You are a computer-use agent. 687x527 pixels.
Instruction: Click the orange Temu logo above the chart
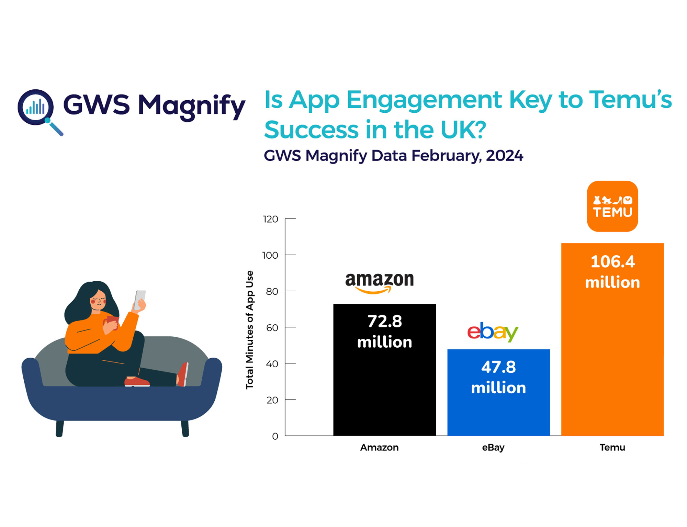coord(612,206)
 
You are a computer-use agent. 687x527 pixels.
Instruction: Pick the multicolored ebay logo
coord(492,332)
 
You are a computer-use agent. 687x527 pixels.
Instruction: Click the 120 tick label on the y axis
coord(270,219)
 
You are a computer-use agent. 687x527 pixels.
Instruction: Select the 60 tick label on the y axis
coord(272,328)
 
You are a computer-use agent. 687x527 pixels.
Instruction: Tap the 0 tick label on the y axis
coord(275,436)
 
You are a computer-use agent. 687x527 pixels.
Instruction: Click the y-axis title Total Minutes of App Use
coord(250,330)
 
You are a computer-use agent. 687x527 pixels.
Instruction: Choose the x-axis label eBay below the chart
coord(493,448)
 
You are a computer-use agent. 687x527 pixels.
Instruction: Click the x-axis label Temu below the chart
coord(612,448)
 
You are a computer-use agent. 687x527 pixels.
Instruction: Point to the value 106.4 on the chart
coord(612,262)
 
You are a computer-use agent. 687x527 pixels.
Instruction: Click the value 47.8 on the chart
coord(498,367)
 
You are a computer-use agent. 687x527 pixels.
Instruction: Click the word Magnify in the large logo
coord(191,106)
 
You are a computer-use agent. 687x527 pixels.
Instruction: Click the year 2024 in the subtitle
coord(504,156)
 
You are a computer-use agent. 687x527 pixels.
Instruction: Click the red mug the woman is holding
coord(112,322)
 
